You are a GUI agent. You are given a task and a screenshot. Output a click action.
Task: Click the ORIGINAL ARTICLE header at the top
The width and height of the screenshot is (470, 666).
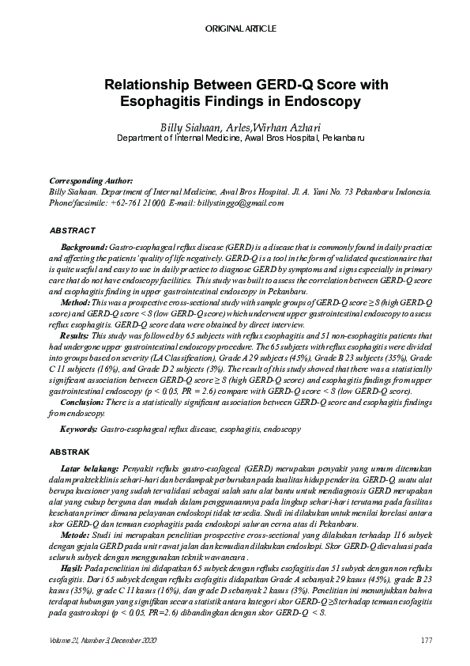pyautogui.click(x=241, y=28)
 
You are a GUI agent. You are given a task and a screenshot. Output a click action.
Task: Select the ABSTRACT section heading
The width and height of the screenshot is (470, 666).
pyautogui.click(x=72, y=230)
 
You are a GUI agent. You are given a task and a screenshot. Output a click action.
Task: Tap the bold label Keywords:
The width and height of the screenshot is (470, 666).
pyautogui.click(x=78, y=429)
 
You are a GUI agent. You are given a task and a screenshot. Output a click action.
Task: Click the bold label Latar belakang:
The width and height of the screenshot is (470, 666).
pyautogui.click(x=89, y=469)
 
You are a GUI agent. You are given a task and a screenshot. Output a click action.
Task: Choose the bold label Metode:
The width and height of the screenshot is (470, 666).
pyautogui.click(x=76, y=535)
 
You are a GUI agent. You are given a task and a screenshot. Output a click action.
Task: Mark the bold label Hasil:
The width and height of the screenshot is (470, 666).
pyautogui.click(x=73, y=569)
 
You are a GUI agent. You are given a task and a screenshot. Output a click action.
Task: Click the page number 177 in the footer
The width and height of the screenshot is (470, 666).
pyautogui.click(x=425, y=638)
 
